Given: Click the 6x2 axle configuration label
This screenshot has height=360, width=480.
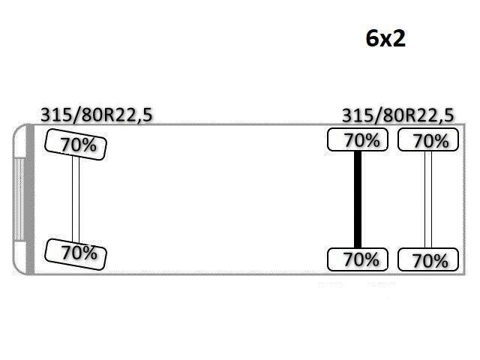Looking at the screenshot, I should (385, 38).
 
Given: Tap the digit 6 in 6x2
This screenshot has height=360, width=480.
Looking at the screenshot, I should (372, 38).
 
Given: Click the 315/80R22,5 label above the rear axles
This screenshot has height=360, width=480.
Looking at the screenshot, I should (397, 115).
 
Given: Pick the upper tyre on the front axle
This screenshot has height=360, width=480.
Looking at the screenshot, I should (76, 143).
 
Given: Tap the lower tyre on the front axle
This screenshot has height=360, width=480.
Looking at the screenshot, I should (76, 253).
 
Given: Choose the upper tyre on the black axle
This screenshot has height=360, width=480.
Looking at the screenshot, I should (358, 140).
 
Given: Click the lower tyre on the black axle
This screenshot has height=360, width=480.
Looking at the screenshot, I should (357, 259).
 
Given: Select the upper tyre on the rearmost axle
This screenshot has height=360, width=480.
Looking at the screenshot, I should (427, 140).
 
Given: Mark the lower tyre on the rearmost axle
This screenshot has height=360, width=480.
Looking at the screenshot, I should (427, 260).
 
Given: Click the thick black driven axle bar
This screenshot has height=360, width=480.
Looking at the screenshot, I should (358, 199).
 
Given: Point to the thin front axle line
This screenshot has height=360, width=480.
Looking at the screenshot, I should (76, 199).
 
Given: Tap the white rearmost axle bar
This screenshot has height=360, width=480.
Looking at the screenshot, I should (428, 199).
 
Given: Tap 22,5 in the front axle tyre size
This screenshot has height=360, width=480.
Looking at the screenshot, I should (137, 115).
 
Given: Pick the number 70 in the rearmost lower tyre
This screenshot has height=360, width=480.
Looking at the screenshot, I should (421, 261).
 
